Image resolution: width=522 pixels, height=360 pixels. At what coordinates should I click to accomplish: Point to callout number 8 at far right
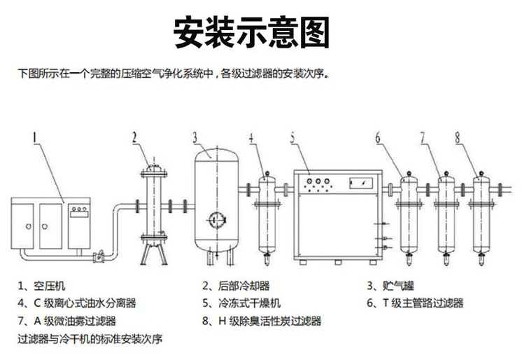click(x=458, y=138)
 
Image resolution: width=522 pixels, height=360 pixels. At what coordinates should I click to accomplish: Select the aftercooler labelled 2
click(x=151, y=207)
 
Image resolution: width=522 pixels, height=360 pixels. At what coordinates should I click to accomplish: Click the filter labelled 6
click(x=409, y=214)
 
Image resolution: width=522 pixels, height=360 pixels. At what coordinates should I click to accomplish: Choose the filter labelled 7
click(x=445, y=214)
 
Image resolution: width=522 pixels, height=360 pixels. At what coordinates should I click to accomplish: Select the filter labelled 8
click(x=481, y=214)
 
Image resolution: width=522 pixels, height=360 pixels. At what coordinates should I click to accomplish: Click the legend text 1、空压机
click(x=42, y=286)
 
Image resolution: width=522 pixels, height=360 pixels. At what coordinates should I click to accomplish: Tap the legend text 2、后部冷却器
click(x=236, y=286)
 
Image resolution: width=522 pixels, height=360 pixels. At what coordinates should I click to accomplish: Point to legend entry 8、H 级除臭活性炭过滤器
click(x=261, y=321)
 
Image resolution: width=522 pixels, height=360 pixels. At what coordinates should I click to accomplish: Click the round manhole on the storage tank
click(x=214, y=219)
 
